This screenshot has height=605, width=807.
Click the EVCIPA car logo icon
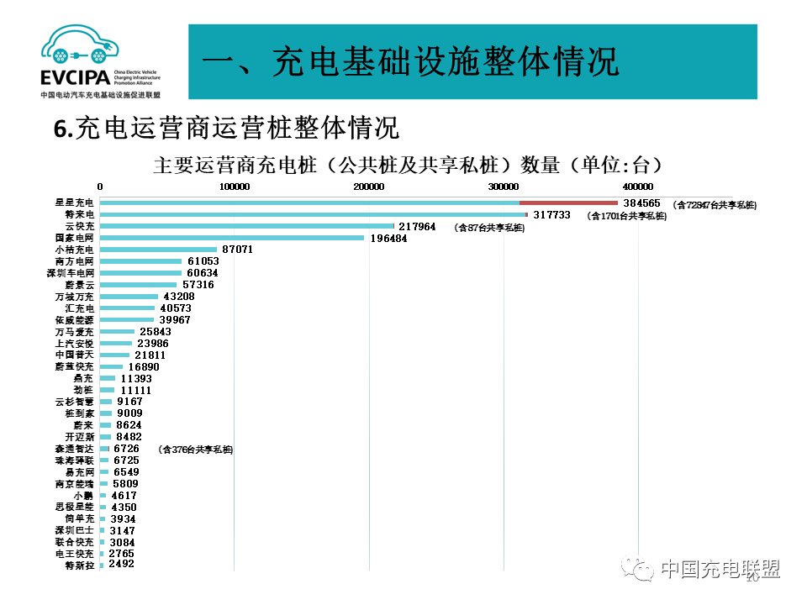click(80, 48)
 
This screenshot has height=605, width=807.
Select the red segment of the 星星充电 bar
click(568, 203)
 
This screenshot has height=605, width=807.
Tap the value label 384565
click(642, 203)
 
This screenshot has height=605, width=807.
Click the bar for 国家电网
click(231, 238)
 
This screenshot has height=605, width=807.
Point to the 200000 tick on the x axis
click(369, 187)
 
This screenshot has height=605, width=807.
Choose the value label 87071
click(235, 250)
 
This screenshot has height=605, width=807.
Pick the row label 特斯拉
click(80, 566)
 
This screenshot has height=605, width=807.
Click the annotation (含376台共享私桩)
click(195, 450)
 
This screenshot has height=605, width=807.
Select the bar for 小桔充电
click(158, 250)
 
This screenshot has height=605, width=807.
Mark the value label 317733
click(551, 215)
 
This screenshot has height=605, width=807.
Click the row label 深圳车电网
click(71, 273)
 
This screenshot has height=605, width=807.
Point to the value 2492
click(121, 564)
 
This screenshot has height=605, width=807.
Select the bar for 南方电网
click(140, 261)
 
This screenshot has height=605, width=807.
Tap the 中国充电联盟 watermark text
click(721, 569)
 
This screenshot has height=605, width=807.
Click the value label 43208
click(178, 297)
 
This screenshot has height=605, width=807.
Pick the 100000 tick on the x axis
click(235, 187)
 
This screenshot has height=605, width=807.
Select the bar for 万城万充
click(129, 297)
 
